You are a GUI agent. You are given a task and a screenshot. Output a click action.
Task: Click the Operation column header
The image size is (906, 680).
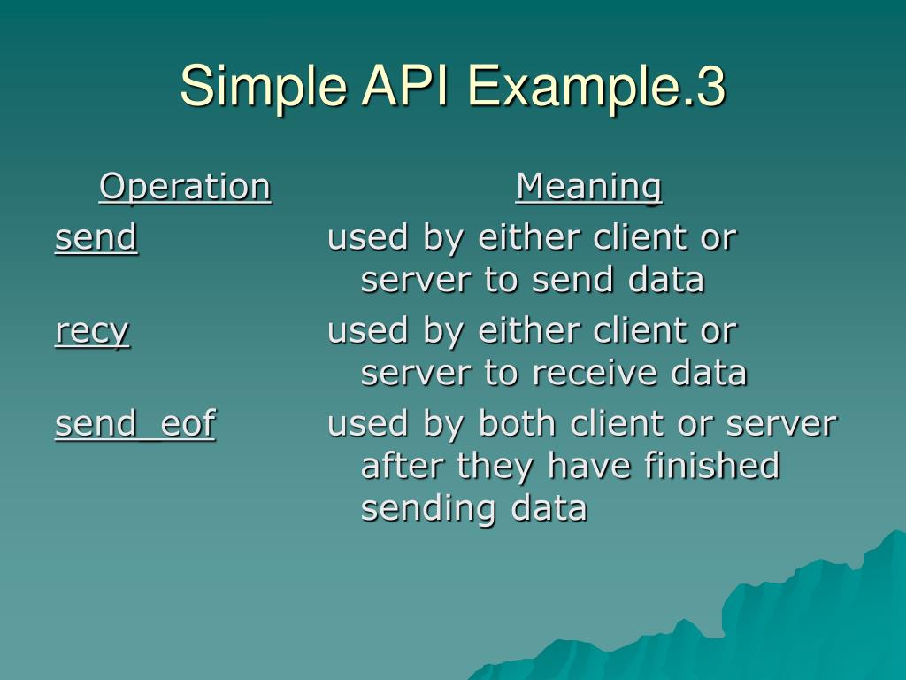pyautogui.click(x=185, y=187)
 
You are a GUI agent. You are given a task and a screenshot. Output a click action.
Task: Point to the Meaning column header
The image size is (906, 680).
pyautogui.click(x=588, y=187)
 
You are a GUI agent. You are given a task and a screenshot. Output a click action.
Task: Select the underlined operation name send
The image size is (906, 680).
pyautogui.click(x=96, y=237)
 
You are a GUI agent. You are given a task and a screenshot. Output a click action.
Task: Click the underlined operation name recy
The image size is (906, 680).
pyautogui.click(x=92, y=331)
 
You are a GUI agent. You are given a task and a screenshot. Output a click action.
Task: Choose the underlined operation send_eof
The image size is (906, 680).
pyautogui.click(x=134, y=424)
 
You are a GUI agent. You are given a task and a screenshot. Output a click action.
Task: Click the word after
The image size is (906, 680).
pyautogui.click(x=403, y=466)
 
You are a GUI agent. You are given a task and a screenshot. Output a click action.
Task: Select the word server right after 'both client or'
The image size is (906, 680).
pyautogui.click(x=780, y=424)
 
